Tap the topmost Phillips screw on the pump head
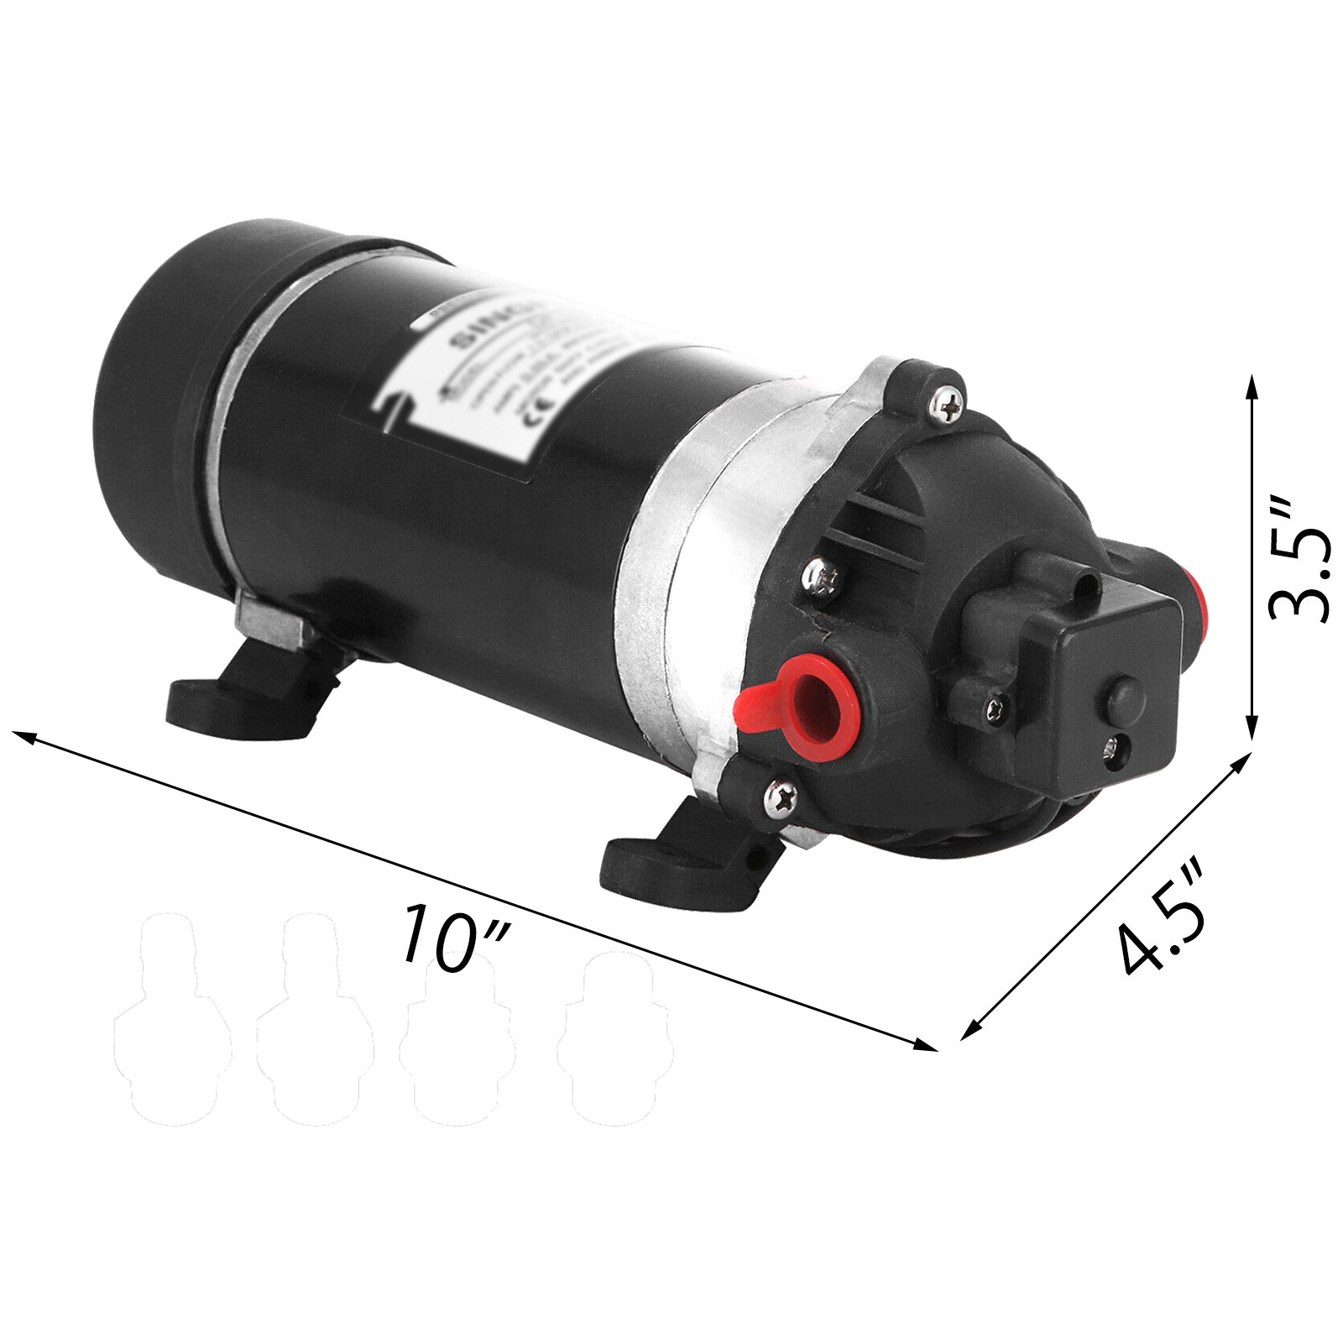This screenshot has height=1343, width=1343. pyautogui.click(x=946, y=406)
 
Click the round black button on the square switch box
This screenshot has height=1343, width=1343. pyautogui.click(x=1123, y=695)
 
